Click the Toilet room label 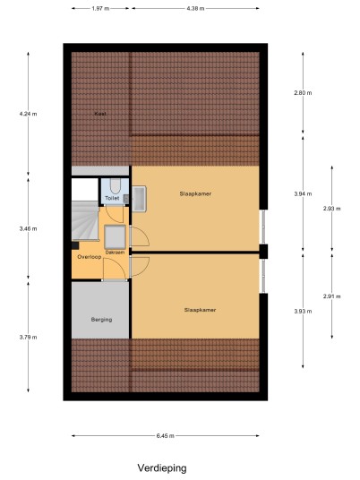[x=112, y=198]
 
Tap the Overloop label [x=90, y=257]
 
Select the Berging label [x=101, y=320]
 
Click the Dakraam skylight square [x=115, y=237]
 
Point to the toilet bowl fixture [x=116, y=185]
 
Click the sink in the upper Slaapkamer [x=139, y=199]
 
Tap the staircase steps [x=85, y=220]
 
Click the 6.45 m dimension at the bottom [x=166, y=435]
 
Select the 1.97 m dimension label [x=100, y=9]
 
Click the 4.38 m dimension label [x=195, y=9]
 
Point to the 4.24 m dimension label [x=28, y=114]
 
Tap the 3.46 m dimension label [x=28, y=228]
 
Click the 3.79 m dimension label [x=28, y=337]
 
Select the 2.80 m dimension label [x=303, y=93]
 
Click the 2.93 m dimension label [x=332, y=209]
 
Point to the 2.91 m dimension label [x=332, y=296]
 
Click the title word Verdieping [x=162, y=468]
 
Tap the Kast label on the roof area [x=100, y=114]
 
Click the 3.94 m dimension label [x=303, y=193]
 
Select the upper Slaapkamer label [x=195, y=193]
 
